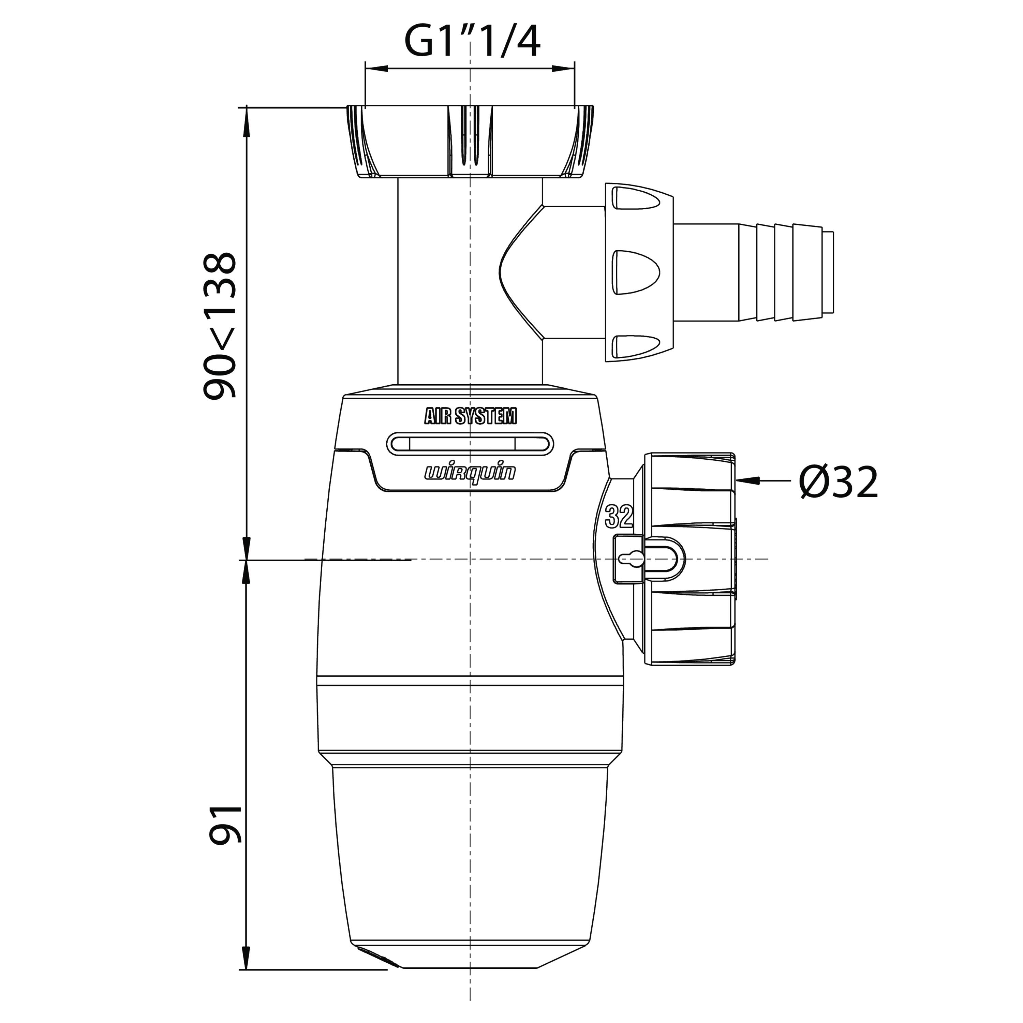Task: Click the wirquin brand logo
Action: (x=470, y=472)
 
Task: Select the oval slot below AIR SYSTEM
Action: (x=470, y=444)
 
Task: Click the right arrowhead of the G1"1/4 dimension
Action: (x=563, y=68)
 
